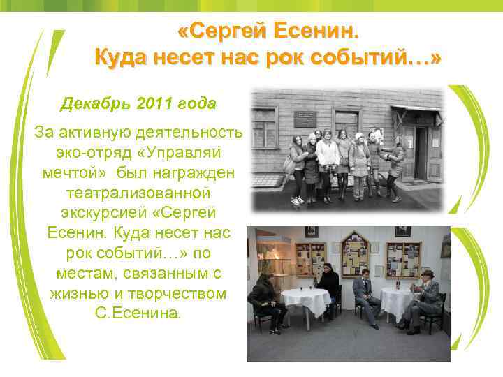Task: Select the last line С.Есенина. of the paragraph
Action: point(138,313)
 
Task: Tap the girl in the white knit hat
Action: point(360,161)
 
